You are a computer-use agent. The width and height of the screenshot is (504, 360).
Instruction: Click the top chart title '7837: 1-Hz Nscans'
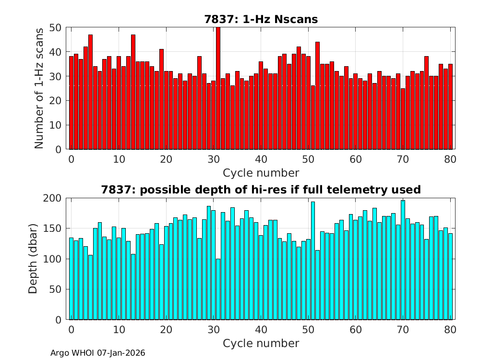pyautogui.click(x=261, y=19)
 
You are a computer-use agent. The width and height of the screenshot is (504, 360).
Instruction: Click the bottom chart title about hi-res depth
pyautogui.click(x=261, y=190)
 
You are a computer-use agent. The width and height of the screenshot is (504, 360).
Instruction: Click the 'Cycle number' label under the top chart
pyautogui.click(x=261, y=173)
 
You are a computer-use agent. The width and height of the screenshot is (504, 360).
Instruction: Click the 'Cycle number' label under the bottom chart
pyautogui.click(x=261, y=343)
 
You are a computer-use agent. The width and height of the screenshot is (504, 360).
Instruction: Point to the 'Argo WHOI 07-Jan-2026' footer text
pyautogui.click(x=98, y=353)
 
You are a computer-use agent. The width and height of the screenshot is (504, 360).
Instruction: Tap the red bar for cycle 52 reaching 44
pyautogui.click(x=317, y=96)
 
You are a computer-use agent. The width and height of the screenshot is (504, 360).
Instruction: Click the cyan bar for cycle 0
pyautogui.click(x=71, y=279)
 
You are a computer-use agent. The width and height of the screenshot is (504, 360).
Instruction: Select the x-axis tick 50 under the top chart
pyautogui.click(x=308, y=159)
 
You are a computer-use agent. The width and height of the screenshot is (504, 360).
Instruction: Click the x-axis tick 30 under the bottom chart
pyautogui.click(x=213, y=330)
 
